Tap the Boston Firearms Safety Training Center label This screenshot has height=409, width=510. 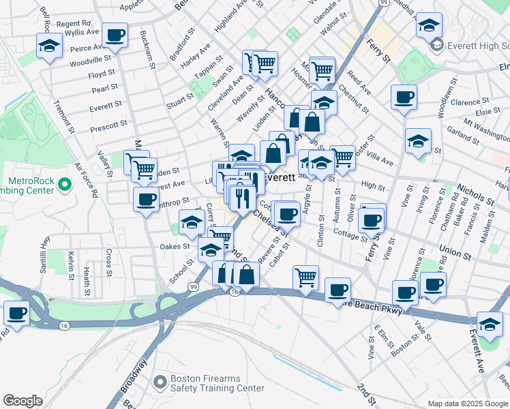217,384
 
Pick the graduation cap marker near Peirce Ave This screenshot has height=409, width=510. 49,47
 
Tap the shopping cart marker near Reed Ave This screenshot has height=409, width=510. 322,69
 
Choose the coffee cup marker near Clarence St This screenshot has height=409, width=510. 404,97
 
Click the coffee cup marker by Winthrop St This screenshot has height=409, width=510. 145,199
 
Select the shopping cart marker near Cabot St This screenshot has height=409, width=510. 305,277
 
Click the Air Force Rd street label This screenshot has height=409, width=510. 87,180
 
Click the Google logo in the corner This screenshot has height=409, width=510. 22,401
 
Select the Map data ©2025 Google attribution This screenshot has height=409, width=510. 467,404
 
